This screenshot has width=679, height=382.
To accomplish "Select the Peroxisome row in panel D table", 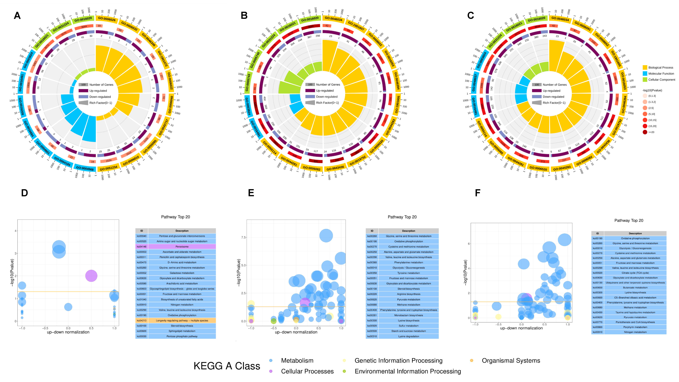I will pos(182,247).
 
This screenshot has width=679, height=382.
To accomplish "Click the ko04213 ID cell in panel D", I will pos(141,321).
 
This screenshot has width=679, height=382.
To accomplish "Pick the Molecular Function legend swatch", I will pos(645,74).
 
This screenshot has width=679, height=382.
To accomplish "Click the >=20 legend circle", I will pos(645,132).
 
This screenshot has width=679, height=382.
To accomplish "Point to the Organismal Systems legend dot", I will pos(472,360).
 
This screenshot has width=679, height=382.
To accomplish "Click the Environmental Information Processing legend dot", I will pos(344,371).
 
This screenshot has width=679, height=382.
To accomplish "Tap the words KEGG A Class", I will pos(227,366).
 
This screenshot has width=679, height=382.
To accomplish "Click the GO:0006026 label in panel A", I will pos(107,19).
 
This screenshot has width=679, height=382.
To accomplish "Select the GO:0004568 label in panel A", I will pos(85,168).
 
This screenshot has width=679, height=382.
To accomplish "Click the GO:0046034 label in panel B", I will pos(333,19).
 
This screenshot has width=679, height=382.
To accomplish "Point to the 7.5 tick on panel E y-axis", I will pos(243,237).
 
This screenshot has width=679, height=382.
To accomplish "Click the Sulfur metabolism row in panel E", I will pos(409,326).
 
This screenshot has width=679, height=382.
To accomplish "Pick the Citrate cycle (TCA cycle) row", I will pos(635,273).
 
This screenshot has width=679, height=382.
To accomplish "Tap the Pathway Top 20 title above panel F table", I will pos(629,220).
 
